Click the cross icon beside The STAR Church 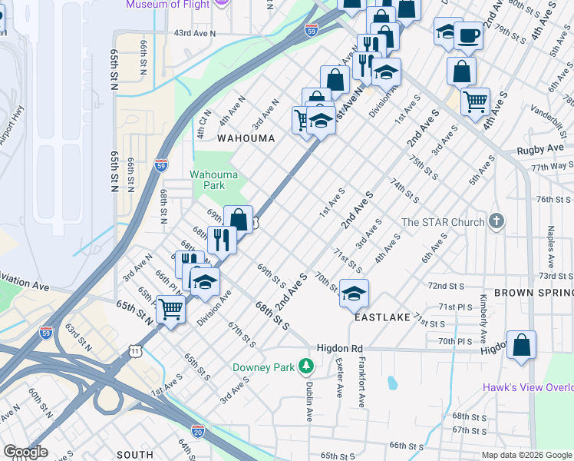(496, 222)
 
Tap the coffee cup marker (468, 35)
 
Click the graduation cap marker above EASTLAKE (353, 293)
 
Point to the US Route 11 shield (136, 351)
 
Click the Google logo (25, 452)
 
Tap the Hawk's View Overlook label (528, 387)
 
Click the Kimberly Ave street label (483, 319)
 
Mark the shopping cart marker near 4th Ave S (476, 100)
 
